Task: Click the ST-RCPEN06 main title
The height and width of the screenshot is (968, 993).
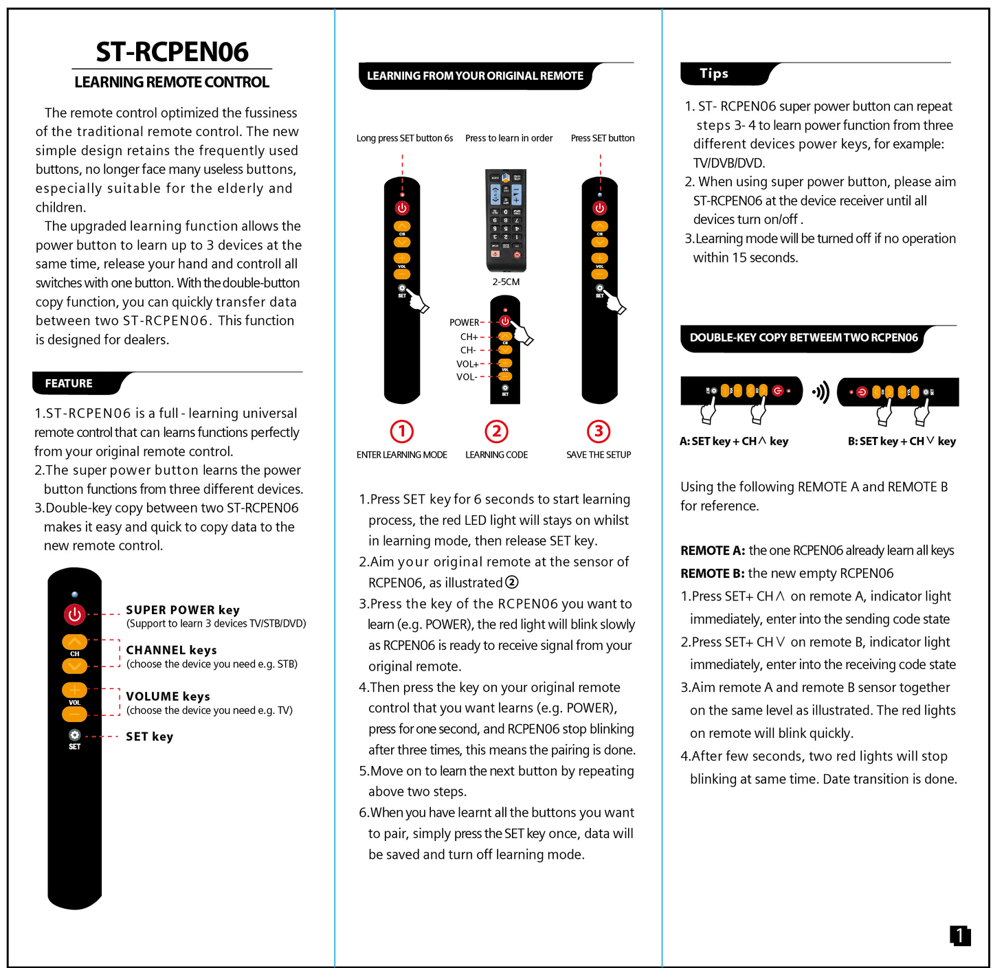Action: click(x=172, y=52)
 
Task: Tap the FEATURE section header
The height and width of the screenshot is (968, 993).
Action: click(x=69, y=383)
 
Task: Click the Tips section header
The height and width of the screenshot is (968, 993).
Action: click(x=714, y=74)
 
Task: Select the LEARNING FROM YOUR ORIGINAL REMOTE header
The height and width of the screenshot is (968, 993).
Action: click(x=475, y=76)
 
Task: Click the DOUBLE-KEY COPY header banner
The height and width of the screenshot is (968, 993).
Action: click(x=803, y=337)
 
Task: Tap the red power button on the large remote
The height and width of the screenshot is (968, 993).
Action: click(x=74, y=614)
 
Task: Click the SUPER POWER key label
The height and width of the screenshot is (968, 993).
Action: click(x=183, y=609)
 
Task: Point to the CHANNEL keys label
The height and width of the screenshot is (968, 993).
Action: click(x=171, y=650)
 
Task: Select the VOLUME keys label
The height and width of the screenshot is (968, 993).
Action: click(x=168, y=696)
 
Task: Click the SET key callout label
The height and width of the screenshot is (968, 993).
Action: click(x=149, y=736)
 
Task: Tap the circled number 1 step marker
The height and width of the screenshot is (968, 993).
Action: click(x=402, y=431)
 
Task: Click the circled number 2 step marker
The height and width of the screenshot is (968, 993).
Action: click(x=496, y=431)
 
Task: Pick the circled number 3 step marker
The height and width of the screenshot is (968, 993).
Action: click(x=599, y=431)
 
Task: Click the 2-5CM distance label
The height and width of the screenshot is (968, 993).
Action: click(x=506, y=282)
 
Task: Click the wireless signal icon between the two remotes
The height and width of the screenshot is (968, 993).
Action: click(x=821, y=392)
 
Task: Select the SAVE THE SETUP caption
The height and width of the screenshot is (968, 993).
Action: click(x=599, y=455)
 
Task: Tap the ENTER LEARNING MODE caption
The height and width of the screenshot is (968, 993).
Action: click(x=401, y=455)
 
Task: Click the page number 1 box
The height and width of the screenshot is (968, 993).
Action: click(x=960, y=935)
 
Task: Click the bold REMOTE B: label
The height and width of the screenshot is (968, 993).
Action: click(x=712, y=573)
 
